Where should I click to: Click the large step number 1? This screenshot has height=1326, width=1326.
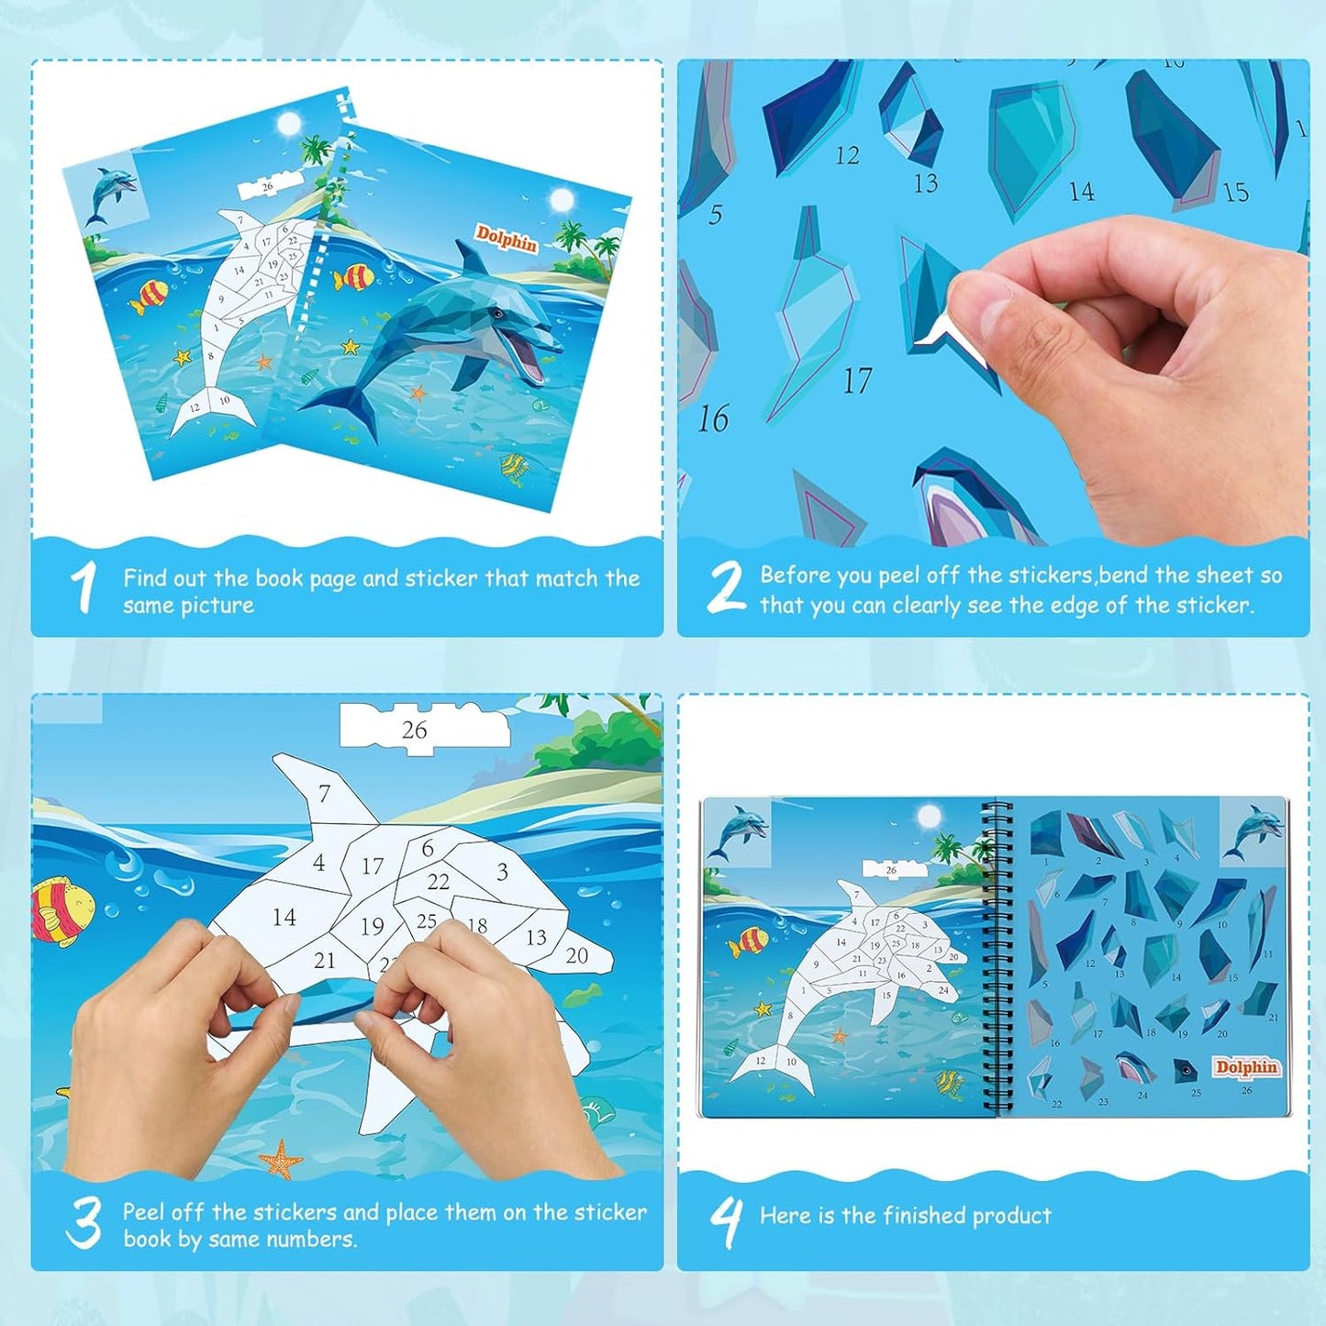[x=84, y=587]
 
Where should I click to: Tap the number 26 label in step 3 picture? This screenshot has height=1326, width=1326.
[x=415, y=730]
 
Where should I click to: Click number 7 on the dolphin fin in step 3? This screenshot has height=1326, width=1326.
[x=324, y=793]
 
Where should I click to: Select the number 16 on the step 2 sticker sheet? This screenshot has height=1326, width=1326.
[x=713, y=419]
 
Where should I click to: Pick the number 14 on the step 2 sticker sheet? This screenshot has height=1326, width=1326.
[x=1081, y=191]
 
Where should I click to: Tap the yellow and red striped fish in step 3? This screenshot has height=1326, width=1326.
[x=61, y=910]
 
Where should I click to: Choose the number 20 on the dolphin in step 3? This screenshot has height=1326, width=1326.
[x=576, y=956]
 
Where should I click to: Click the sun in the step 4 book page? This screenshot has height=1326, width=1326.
[x=929, y=816]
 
